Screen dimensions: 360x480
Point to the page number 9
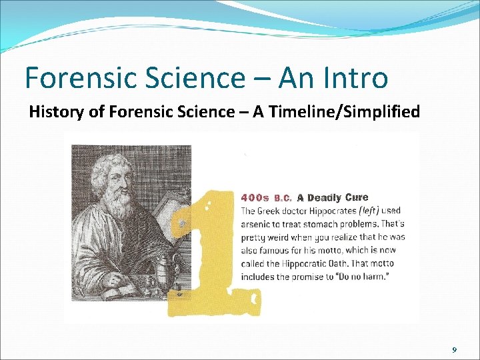click(454, 350)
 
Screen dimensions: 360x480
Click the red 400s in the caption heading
click(255, 197)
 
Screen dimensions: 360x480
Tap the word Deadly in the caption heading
click(324, 197)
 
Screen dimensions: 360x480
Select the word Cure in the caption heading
click(357, 197)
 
